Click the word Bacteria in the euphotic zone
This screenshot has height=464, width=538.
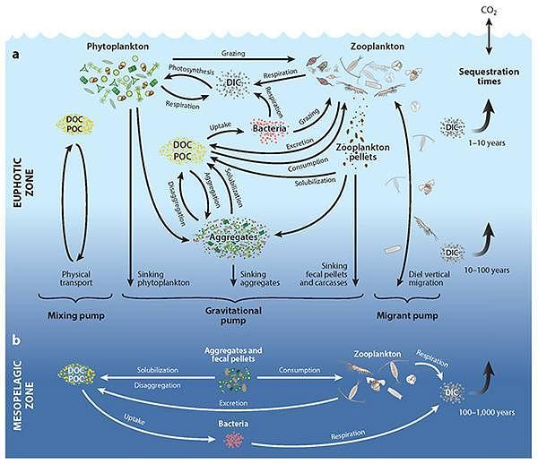point(270,129)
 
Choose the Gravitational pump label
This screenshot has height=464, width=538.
point(234,320)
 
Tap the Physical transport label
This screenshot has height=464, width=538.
point(77,278)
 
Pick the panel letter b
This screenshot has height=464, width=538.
point(16,341)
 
